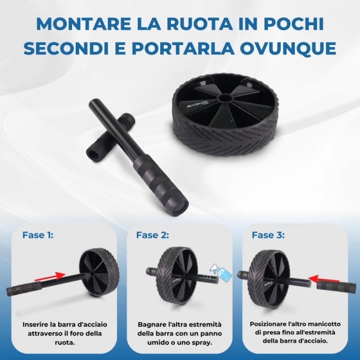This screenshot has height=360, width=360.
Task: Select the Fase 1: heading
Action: (x=38, y=235)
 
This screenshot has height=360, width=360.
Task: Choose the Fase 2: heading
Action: (x=153, y=235)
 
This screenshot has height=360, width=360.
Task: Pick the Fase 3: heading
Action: (x=268, y=235)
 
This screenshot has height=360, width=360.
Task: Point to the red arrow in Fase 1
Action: (x=50, y=277)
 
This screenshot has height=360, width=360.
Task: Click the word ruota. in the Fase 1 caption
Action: (x=65, y=343)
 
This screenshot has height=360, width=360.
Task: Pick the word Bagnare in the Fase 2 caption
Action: (x=150, y=324)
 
